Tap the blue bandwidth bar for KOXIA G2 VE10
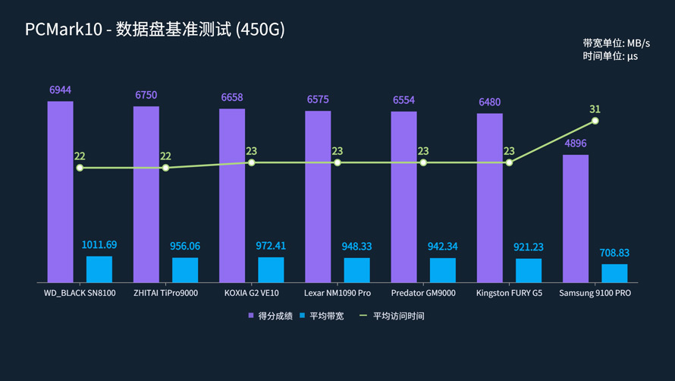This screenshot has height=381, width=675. pyautogui.click(x=271, y=269)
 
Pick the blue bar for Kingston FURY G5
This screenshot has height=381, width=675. pyautogui.click(x=529, y=270)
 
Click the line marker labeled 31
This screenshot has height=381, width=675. pyautogui.click(x=595, y=121)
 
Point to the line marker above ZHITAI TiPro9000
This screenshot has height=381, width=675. pyautogui.click(x=165, y=168)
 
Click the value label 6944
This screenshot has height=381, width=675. pyautogui.click(x=61, y=90)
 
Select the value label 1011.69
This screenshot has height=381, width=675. pyautogui.click(x=99, y=245)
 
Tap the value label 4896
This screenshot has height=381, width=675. pyautogui.click(x=576, y=143)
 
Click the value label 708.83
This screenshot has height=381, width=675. pyautogui.click(x=614, y=253)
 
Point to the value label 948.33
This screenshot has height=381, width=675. pyautogui.click(x=356, y=246)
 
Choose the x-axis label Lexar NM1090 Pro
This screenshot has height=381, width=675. pyautogui.click(x=337, y=293)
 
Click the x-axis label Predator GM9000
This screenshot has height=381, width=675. pyautogui.click(x=423, y=293)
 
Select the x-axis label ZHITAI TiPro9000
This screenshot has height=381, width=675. pyautogui.click(x=165, y=293)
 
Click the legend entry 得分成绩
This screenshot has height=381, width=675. pyautogui.click(x=269, y=316)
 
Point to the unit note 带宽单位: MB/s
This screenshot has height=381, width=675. pyautogui.click(x=616, y=43)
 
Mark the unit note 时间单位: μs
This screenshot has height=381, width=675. pyautogui.click(x=610, y=56)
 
